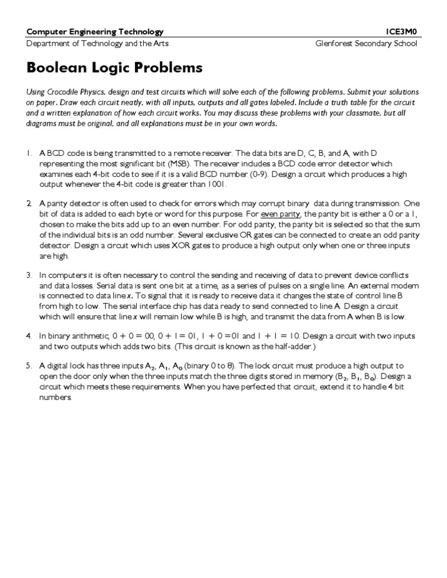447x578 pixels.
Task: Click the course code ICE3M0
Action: pos(402,32)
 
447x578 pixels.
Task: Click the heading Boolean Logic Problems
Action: pos(115,68)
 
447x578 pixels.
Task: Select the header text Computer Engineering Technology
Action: pos(95,32)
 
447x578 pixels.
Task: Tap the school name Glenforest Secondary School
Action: pos(366,44)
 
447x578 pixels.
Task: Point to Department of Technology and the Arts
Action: pos(98,44)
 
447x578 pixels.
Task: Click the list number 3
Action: pos(29,274)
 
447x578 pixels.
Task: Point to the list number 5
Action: pos(29,366)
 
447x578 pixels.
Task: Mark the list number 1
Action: pos(29,154)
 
